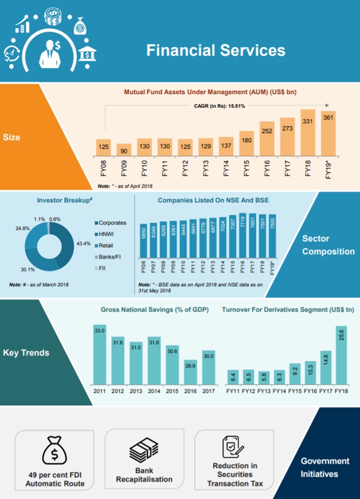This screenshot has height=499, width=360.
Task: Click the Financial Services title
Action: (x=215, y=51)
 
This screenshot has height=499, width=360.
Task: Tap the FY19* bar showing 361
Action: (x=328, y=134)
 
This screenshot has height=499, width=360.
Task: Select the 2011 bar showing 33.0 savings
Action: (x=99, y=354)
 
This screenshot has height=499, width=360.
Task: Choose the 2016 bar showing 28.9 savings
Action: (x=190, y=371)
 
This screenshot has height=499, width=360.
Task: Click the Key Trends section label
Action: (x=26, y=352)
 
